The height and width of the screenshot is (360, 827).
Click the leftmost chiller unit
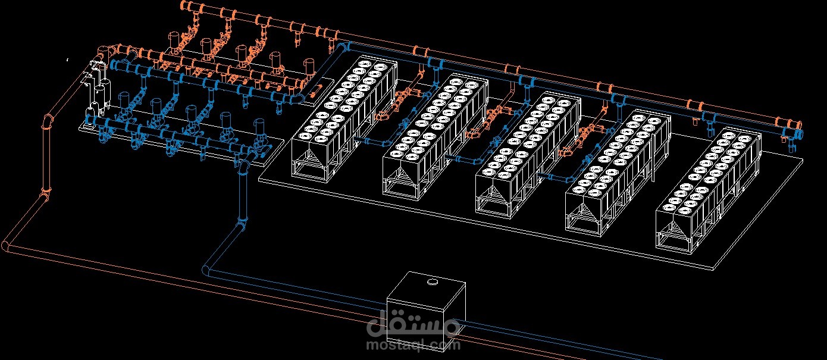click(x=344, y=118)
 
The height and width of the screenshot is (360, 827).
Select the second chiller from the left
click(x=436, y=137)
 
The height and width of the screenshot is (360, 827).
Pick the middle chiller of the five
click(x=528, y=155)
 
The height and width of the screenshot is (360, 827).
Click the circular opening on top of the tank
click(x=433, y=283)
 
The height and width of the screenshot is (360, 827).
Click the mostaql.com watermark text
click(x=413, y=345)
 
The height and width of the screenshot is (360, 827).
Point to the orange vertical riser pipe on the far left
click(x=47, y=155)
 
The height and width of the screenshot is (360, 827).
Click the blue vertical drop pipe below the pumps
click(x=243, y=196)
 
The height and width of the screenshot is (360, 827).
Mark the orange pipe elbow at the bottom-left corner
click(x=7, y=246)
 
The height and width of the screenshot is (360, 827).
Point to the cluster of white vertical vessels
click(x=97, y=89)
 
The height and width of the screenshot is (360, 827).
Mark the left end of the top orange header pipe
click(x=184, y=5)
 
